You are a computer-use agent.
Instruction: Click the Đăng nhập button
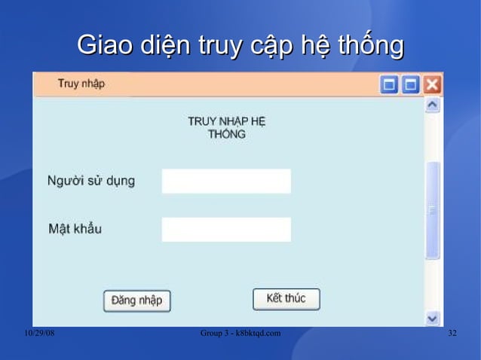coord(137,301)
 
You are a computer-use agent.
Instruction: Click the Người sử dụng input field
coord(226,182)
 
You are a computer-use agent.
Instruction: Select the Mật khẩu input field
coord(226,230)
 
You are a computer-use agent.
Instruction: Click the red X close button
coord(432,84)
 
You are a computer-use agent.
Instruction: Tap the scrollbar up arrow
coord(432,106)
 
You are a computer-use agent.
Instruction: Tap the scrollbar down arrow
coord(432,319)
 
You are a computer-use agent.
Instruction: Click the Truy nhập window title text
coord(81,84)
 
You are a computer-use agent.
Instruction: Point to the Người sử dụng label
coord(91,182)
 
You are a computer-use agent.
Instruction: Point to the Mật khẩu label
coord(75,228)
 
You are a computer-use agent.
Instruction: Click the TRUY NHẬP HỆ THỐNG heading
coord(227,128)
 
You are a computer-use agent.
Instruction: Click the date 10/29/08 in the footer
coord(39,334)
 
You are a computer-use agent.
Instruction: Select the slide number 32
coord(452,334)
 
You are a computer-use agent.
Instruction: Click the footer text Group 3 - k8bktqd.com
coord(240,334)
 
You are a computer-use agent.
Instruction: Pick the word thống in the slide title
coord(370,46)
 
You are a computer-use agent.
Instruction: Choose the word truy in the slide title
coord(219,46)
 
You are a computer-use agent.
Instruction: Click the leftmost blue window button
coord(390,84)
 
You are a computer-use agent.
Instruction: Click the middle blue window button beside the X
coord(411,84)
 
